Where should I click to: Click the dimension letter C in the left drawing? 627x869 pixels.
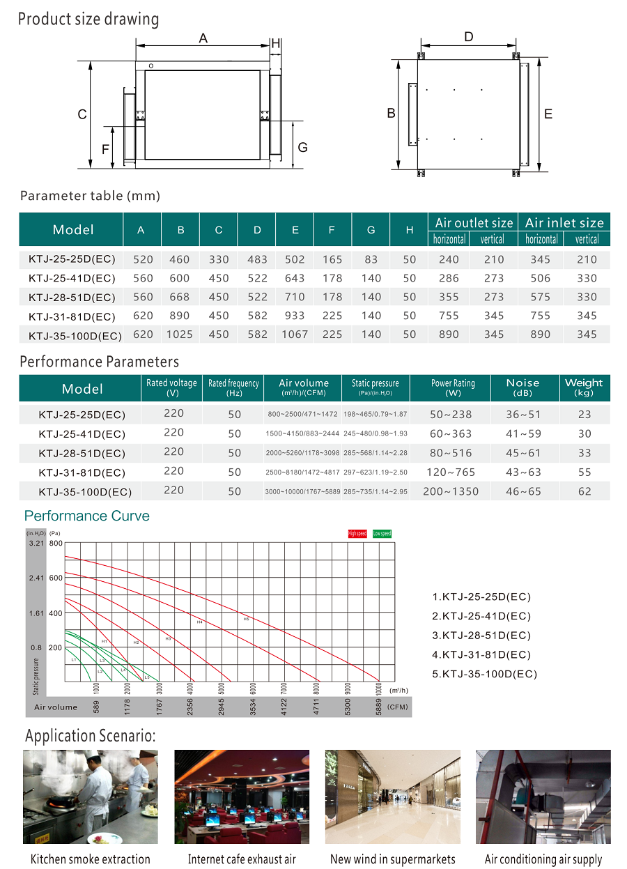pyautogui.click(x=82, y=114)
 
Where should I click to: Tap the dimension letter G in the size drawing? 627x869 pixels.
pyautogui.click(x=302, y=148)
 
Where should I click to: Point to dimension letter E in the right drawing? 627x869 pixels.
pyautogui.click(x=548, y=114)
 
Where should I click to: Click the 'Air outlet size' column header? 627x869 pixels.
pyautogui.click(x=474, y=223)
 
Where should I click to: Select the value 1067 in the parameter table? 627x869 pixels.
pyautogui.click(x=295, y=334)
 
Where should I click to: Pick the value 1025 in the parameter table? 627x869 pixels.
pyautogui.click(x=180, y=334)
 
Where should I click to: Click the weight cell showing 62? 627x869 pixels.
pyautogui.click(x=585, y=491)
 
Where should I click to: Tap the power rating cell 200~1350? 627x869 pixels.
pyautogui.click(x=451, y=491)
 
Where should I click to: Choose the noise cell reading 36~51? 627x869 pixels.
pyautogui.click(x=523, y=414)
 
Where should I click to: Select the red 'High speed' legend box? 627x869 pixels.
pyautogui.click(x=357, y=533)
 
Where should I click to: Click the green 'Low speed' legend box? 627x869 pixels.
pyautogui.click(x=382, y=533)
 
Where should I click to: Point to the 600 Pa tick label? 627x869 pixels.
pyautogui.click(x=56, y=578)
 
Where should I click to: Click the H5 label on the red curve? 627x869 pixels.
pyautogui.click(x=246, y=619)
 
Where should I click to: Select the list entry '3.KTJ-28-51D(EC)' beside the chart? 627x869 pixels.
pyautogui.click(x=481, y=635)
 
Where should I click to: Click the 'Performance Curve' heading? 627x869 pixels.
pyautogui.click(x=87, y=516)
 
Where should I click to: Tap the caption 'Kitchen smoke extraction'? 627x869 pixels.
pyautogui.click(x=91, y=859)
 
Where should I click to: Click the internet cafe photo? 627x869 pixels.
pyautogui.click(x=242, y=797)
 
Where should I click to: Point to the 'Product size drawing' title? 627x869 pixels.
pyautogui.click(x=88, y=19)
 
